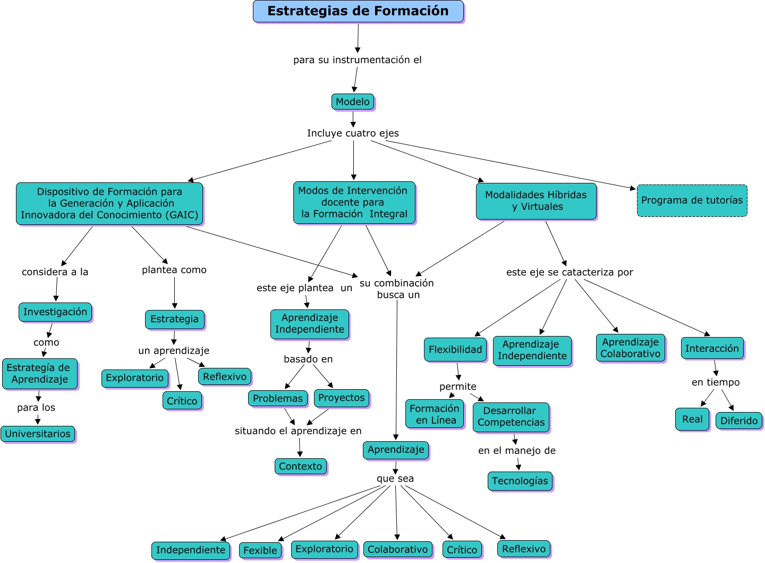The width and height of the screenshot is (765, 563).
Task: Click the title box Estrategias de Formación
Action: coord(358,11)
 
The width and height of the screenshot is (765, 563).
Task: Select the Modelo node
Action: coord(353,102)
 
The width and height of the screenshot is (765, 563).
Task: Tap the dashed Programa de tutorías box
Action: coord(692,200)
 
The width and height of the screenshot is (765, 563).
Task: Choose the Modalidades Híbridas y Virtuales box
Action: coord(536,201)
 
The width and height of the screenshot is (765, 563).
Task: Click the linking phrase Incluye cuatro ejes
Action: coord(353,133)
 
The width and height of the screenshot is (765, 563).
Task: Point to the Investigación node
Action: coord(55,312)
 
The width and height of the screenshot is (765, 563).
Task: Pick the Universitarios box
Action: coord(38,434)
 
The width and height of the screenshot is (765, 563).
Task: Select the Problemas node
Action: coord(278,398)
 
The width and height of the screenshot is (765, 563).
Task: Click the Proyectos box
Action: coord(342,398)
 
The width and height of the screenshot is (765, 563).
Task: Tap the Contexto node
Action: coord(301,466)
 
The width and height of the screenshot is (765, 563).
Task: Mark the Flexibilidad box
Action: coord(455,349)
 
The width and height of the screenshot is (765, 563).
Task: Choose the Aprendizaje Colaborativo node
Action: coord(631,348)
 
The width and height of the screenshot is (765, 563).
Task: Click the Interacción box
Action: coord(712,348)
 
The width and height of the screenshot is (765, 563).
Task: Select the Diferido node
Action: coord(739,421)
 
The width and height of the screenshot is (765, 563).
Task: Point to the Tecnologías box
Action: coord(520,481)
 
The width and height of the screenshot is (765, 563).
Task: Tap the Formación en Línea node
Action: coord(435,414)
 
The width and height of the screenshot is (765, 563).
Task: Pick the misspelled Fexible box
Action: coord(260,550)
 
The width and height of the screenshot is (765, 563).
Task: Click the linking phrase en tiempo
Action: coord(716,382)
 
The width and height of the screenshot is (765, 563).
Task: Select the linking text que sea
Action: coord(395,478)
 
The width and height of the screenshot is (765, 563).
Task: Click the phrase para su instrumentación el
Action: coord(358,60)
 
